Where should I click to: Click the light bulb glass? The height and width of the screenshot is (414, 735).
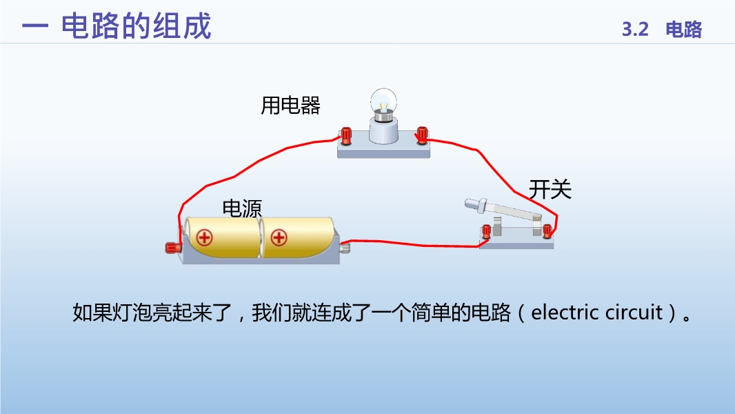(383, 101)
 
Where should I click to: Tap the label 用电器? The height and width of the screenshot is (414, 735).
(291, 106)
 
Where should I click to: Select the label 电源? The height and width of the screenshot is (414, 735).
(242, 208)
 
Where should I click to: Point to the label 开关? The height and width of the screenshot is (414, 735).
(550, 190)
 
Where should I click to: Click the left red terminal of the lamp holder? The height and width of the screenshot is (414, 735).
(346, 135)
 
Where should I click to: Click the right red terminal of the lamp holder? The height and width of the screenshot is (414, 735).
(422, 135)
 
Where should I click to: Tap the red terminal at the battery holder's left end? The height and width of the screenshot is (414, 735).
(174, 247)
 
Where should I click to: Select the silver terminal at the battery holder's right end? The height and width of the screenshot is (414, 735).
(345, 246)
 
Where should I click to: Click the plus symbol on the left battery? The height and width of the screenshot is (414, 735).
(204, 237)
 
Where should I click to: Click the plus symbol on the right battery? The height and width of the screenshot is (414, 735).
(279, 237)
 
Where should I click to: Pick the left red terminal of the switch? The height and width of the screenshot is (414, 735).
(487, 231)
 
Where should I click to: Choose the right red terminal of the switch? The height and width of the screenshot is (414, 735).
(547, 230)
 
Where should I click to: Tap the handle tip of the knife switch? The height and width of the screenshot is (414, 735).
(470, 203)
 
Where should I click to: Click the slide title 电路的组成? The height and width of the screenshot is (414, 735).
(137, 26)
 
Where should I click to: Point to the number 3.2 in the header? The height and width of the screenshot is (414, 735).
(635, 29)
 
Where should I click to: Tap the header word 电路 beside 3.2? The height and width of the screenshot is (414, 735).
(684, 29)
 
